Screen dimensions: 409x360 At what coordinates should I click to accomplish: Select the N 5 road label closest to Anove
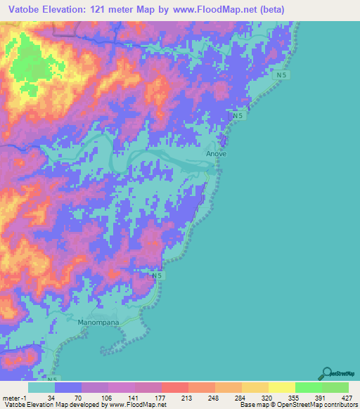coord(238,115)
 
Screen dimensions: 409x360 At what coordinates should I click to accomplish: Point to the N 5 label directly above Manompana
coord(159,276)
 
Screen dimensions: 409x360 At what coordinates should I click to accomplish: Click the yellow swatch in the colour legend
coord(281,387)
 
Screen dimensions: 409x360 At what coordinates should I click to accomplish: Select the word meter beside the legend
coord(11,396)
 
